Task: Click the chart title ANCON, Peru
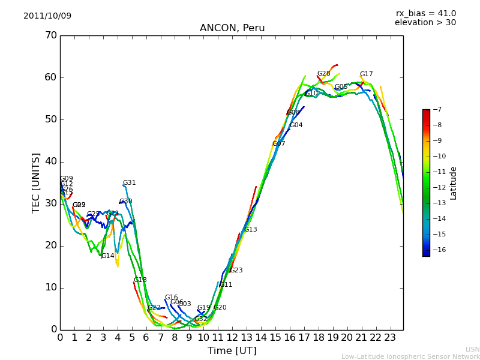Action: point(232,28)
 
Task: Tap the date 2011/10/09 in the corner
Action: point(47,16)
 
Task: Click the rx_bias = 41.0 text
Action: point(425,13)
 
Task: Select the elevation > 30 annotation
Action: point(425,23)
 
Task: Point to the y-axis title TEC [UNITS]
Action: point(36,182)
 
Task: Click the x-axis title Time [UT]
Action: point(232,350)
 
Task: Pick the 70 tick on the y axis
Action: point(50,35)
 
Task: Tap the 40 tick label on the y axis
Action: point(50,161)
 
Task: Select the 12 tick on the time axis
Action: point(232,337)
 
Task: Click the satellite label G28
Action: point(323,74)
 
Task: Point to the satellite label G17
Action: point(366,74)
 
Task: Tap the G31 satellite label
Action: point(129,183)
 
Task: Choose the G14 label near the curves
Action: point(107,256)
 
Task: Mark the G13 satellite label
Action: point(250,230)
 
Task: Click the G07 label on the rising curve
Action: point(278,144)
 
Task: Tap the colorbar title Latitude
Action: point(453,183)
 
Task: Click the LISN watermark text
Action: point(472,349)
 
